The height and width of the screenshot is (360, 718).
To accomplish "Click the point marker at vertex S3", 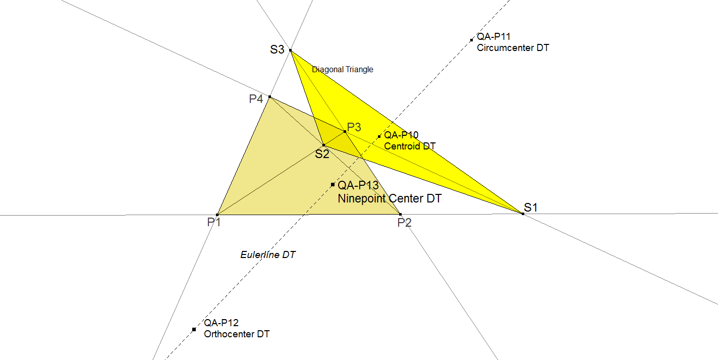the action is [291, 50].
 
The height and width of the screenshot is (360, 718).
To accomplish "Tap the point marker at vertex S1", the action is [523, 214].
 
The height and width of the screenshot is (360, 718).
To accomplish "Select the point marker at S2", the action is [324, 145].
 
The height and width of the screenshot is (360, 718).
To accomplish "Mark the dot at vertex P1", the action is [217, 215].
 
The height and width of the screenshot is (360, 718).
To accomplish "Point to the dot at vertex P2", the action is [400, 214].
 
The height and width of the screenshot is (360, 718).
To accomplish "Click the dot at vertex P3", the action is [345, 132].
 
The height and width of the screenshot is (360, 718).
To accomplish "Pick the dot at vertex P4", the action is [269, 96].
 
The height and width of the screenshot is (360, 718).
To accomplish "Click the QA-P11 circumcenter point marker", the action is [471, 40].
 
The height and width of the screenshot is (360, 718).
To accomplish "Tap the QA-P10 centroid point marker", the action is [379, 136].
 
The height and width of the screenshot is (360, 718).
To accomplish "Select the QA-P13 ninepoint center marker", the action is [333, 184].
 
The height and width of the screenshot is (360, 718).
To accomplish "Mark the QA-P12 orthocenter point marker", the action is [194, 330].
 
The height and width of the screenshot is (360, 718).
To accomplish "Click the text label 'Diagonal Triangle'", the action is [343, 70].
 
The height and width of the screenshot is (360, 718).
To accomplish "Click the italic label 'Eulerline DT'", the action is [267, 255].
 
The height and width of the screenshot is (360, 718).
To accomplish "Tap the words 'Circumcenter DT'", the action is [513, 48].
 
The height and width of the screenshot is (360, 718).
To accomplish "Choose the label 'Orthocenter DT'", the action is [237, 334].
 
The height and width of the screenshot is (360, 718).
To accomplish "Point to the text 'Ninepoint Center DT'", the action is [390, 198].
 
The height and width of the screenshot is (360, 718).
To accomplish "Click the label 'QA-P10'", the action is [401, 135].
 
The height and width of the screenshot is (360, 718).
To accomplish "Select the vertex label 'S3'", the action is [277, 49].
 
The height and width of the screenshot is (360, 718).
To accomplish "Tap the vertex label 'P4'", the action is [256, 99].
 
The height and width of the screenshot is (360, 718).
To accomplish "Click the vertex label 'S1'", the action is [530, 208].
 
